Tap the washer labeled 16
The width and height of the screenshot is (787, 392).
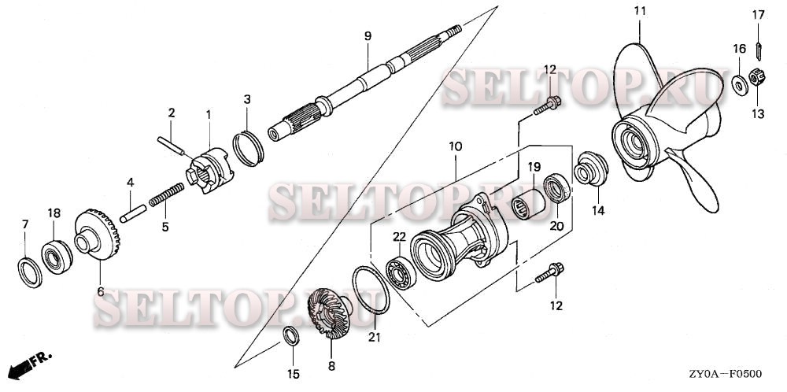(x=739, y=84)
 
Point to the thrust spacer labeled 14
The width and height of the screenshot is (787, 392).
(x=592, y=171)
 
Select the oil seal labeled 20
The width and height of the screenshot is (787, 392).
(x=558, y=189)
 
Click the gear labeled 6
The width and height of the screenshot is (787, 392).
(x=98, y=235)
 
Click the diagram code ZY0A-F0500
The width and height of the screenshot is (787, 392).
(x=735, y=376)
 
